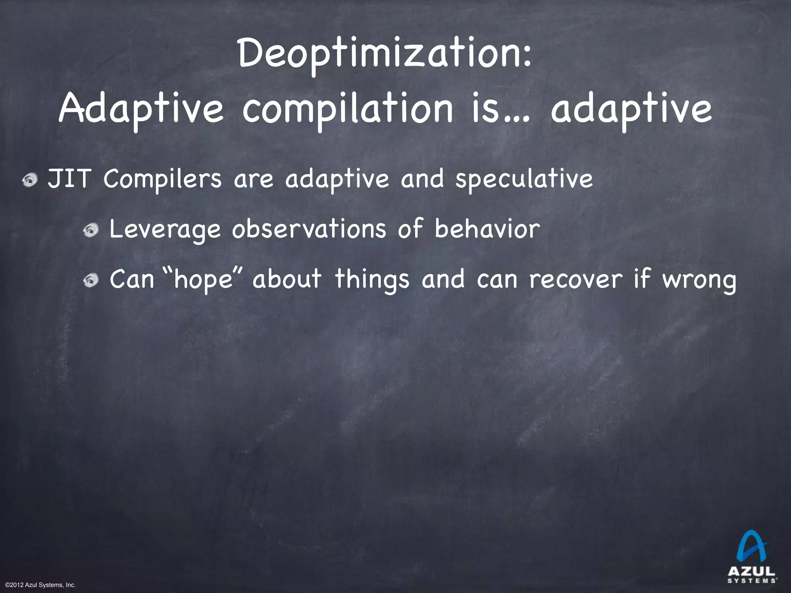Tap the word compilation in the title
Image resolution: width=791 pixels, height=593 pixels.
[x=347, y=110]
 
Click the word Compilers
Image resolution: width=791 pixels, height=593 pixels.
[x=163, y=180]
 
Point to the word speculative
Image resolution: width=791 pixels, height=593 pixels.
[x=524, y=180]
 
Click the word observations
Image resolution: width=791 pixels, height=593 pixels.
[x=309, y=229]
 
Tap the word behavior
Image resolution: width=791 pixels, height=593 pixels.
[x=487, y=229]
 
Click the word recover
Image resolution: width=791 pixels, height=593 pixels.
[x=576, y=278]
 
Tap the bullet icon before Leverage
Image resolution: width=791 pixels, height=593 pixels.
[x=93, y=230]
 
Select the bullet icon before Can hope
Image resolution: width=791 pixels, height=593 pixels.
[x=93, y=280]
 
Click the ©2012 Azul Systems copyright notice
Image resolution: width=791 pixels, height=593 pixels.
[x=41, y=585]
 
